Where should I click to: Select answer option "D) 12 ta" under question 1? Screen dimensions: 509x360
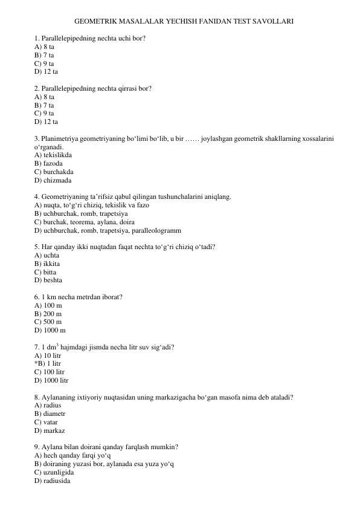point(46,71)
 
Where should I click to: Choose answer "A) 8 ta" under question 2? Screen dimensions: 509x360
point(45,96)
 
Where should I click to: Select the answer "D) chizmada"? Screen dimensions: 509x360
point(53,180)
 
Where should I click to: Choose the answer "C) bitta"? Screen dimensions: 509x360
point(48,272)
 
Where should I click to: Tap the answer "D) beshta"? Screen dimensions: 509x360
point(49,280)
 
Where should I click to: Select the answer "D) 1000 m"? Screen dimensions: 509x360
point(50,331)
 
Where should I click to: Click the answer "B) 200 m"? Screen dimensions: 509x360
point(48,314)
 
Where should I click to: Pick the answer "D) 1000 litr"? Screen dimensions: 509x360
point(52,381)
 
